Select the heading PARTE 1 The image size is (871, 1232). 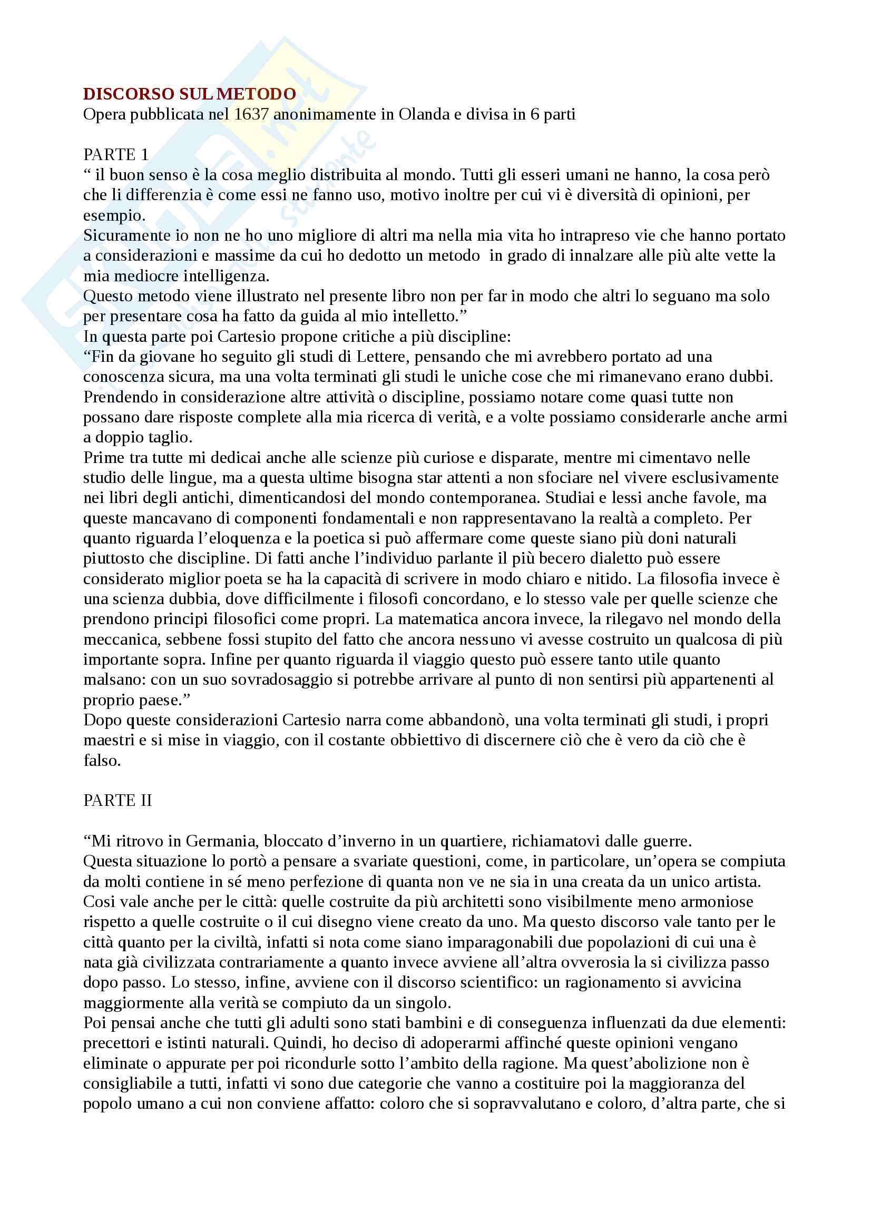(x=116, y=154)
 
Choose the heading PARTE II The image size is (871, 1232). (x=118, y=801)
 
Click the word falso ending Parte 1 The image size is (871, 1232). (x=102, y=761)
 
